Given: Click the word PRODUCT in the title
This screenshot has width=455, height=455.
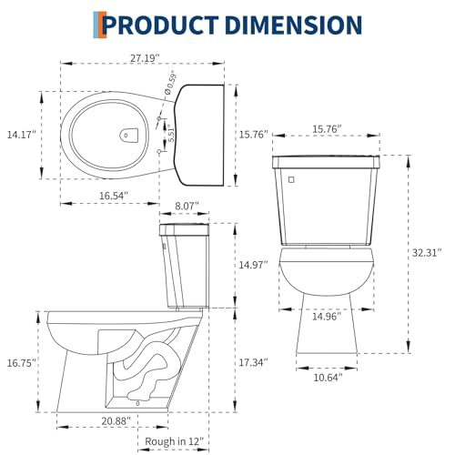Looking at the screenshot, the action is [x=161, y=25].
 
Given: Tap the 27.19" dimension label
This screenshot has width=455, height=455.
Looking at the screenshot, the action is [x=145, y=58].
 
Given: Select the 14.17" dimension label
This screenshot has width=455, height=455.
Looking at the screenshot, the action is [x=22, y=135].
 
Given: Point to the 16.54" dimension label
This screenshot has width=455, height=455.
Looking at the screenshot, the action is [x=114, y=196].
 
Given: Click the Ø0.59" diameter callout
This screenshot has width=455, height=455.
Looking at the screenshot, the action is [x=170, y=84].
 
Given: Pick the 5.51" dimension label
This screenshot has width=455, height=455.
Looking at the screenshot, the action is [x=171, y=134].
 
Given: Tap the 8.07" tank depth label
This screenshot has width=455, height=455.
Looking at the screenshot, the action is [x=187, y=207].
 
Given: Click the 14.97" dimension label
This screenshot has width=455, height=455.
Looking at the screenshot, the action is [x=254, y=265].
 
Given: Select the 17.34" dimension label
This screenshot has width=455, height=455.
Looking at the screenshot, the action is [x=254, y=362].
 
